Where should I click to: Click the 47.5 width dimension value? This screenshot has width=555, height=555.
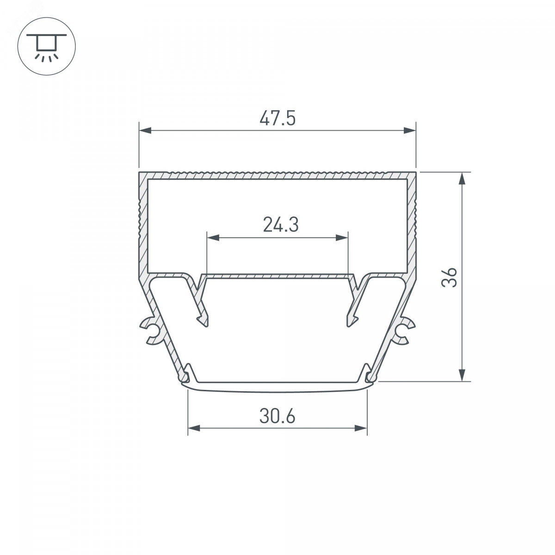(x=277, y=118)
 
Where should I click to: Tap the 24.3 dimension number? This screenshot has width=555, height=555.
(x=281, y=225)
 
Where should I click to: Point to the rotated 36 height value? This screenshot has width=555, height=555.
(x=449, y=277)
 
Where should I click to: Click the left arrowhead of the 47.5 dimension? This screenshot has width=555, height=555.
(x=145, y=130)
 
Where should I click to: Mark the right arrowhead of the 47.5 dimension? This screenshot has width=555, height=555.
(x=410, y=130)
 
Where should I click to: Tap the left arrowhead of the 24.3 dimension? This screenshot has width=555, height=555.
(x=213, y=238)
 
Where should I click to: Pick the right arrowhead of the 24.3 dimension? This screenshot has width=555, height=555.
(x=342, y=238)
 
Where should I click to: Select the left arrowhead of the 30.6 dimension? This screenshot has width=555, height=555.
(x=194, y=428)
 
